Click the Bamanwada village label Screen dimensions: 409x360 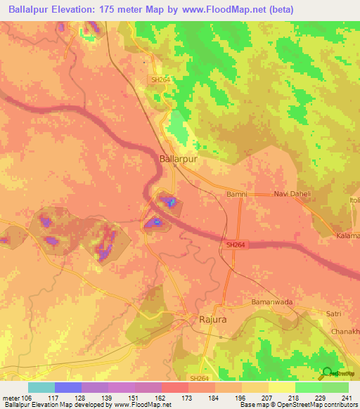(x=271, y=301)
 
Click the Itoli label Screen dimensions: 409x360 (x=353, y=201)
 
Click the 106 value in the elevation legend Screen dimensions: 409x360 (x=26, y=397)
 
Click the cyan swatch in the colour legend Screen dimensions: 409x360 (x=41, y=387)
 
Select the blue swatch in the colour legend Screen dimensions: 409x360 (x=67, y=387)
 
